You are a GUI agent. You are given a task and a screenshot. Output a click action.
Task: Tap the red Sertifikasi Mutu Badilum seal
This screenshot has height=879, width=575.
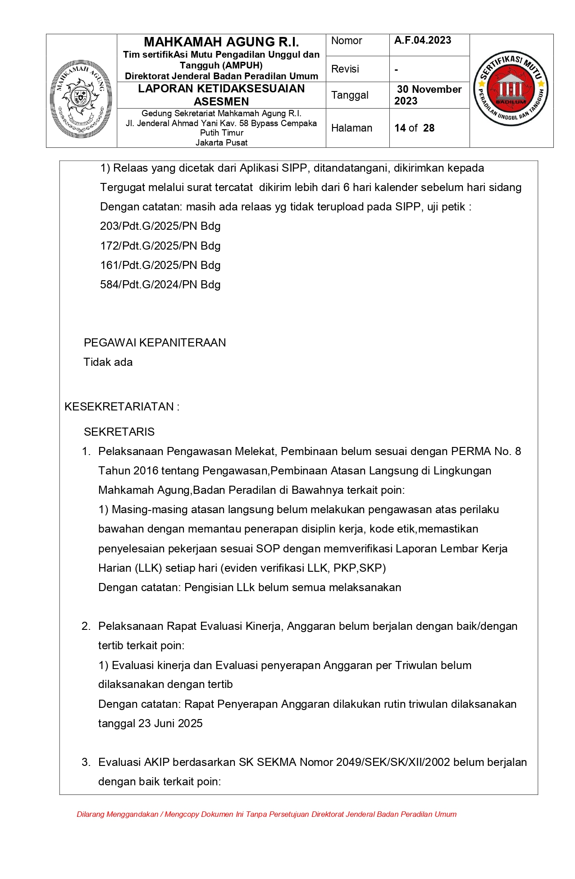[x=511, y=88]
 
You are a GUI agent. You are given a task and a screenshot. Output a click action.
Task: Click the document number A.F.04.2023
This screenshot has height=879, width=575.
[x=423, y=41]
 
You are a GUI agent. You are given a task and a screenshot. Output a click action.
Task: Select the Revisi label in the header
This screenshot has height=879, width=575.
[x=345, y=69]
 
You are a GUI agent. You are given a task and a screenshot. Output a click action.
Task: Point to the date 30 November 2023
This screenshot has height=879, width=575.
[x=428, y=95]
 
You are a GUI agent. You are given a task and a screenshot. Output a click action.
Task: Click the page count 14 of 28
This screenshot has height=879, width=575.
[x=414, y=128]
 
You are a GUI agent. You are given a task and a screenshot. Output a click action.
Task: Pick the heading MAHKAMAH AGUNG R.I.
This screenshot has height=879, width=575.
[x=221, y=42]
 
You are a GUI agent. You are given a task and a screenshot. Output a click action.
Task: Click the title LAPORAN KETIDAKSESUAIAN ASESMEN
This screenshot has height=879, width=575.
[x=221, y=95]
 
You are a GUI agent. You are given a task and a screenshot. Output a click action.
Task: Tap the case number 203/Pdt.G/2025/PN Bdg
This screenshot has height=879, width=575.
[x=160, y=226]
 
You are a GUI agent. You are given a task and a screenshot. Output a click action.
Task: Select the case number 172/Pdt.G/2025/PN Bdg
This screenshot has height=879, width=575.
[x=160, y=246]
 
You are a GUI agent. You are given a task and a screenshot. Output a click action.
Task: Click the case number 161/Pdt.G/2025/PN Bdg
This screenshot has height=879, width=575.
[x=160, y=265]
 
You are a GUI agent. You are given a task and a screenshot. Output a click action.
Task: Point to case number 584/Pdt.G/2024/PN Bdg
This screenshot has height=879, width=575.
[x=160, y=285]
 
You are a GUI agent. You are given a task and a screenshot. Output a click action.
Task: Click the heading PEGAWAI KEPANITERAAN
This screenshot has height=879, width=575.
[x=155, y=343]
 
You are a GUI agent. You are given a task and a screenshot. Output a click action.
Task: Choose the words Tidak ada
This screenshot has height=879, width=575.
[x=108, y=362]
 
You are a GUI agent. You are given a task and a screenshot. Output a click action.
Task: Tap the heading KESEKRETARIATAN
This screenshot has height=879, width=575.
[x=119, y=407]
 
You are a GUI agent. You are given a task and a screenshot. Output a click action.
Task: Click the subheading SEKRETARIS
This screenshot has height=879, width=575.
[x=119, y=432]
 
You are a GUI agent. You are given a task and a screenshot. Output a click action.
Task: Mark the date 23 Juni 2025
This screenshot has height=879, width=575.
[x=170, y=724]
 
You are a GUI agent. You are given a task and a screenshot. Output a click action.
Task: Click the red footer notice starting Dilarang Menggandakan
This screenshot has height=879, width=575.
[x=266, y=814]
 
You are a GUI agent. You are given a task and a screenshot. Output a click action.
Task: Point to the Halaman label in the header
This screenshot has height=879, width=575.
[x=351, y=128]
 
